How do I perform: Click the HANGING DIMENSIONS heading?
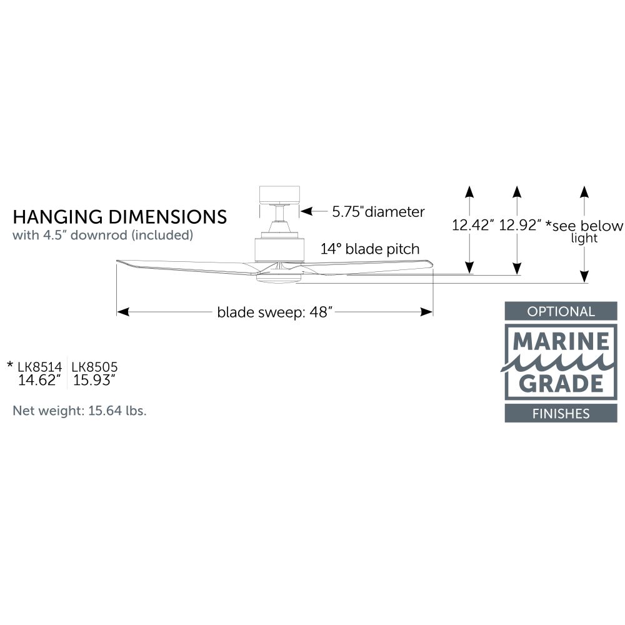[119, 217]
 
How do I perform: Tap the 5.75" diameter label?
[378, 212]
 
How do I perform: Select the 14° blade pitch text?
[370, 249]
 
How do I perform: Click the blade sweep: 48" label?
[274, 312]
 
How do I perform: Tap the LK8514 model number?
[39, 367]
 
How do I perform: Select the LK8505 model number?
[95, 367]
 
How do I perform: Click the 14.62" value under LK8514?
[39, 380]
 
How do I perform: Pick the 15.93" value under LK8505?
[94, 380]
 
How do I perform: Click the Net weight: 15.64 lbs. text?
[80, 411]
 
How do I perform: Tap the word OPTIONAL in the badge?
[561, 311]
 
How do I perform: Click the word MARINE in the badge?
[561, 341]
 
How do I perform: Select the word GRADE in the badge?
[561, 384]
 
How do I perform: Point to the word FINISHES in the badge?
[561, 414]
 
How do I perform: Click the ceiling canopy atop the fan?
[279, 195]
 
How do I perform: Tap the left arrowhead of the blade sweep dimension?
[122, 312]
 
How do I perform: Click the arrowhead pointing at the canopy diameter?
[306, 211]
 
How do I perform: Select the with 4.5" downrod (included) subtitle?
[103, 235]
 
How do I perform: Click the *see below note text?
[584, 226]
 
